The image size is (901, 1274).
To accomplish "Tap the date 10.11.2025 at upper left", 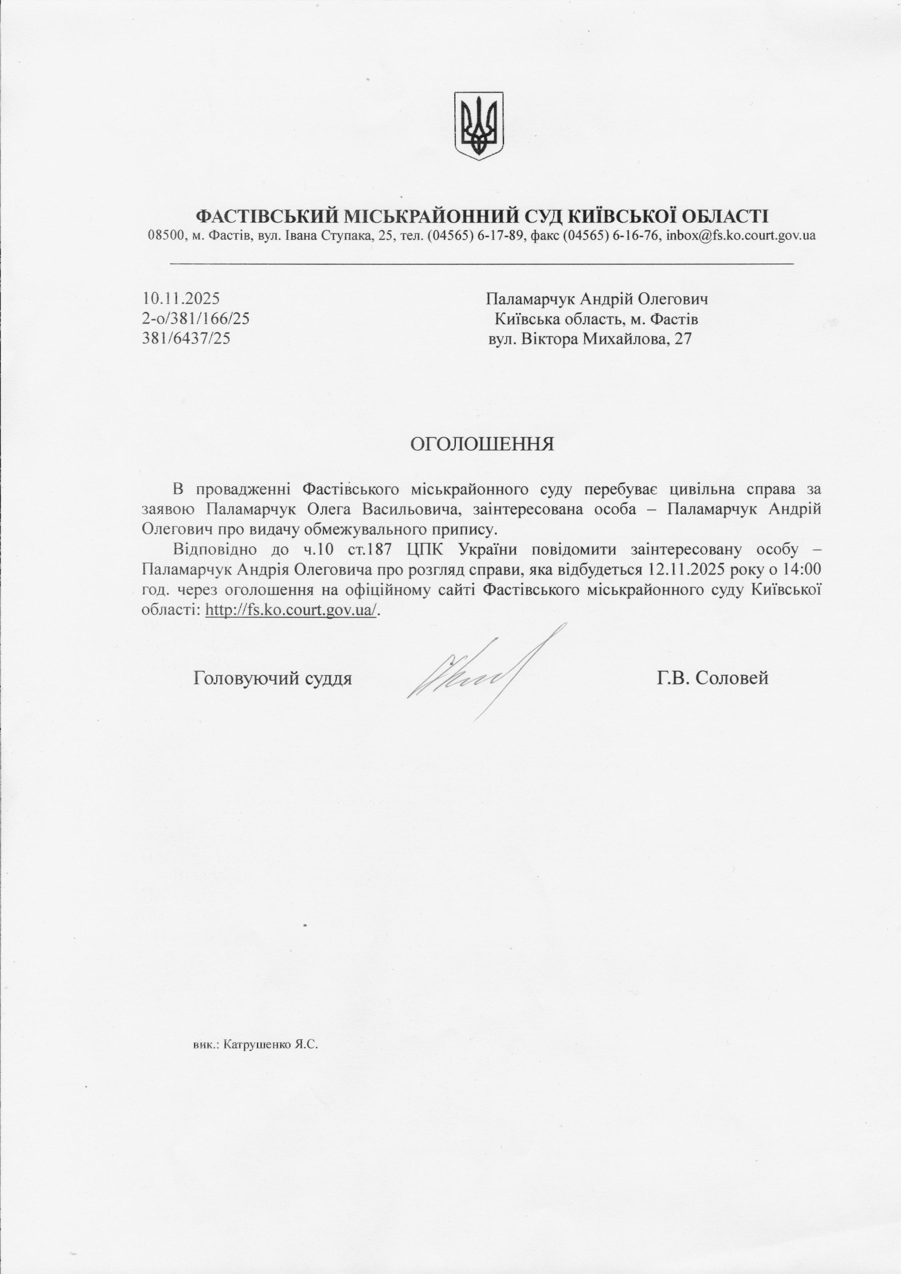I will (x=181, y=299).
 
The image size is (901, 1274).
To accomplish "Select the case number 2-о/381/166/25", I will (x=196, y=318).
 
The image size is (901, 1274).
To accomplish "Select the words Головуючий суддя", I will (x=272, y=678).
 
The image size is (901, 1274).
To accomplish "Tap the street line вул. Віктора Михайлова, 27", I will (x=590, y=338).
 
